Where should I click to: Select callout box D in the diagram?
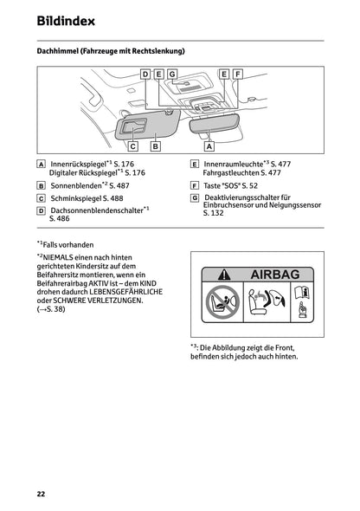pos(145,74)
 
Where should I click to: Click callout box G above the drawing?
pos(172,74)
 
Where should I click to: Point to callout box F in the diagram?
pos(238,74)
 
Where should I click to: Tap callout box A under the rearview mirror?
pos(209,146)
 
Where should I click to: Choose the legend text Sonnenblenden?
pos(76,185)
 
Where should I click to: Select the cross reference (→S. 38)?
pos(51,308)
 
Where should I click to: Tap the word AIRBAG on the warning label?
pos(274,275)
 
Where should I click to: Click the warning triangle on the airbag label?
pos(214,275)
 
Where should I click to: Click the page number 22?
pos(41,494)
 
